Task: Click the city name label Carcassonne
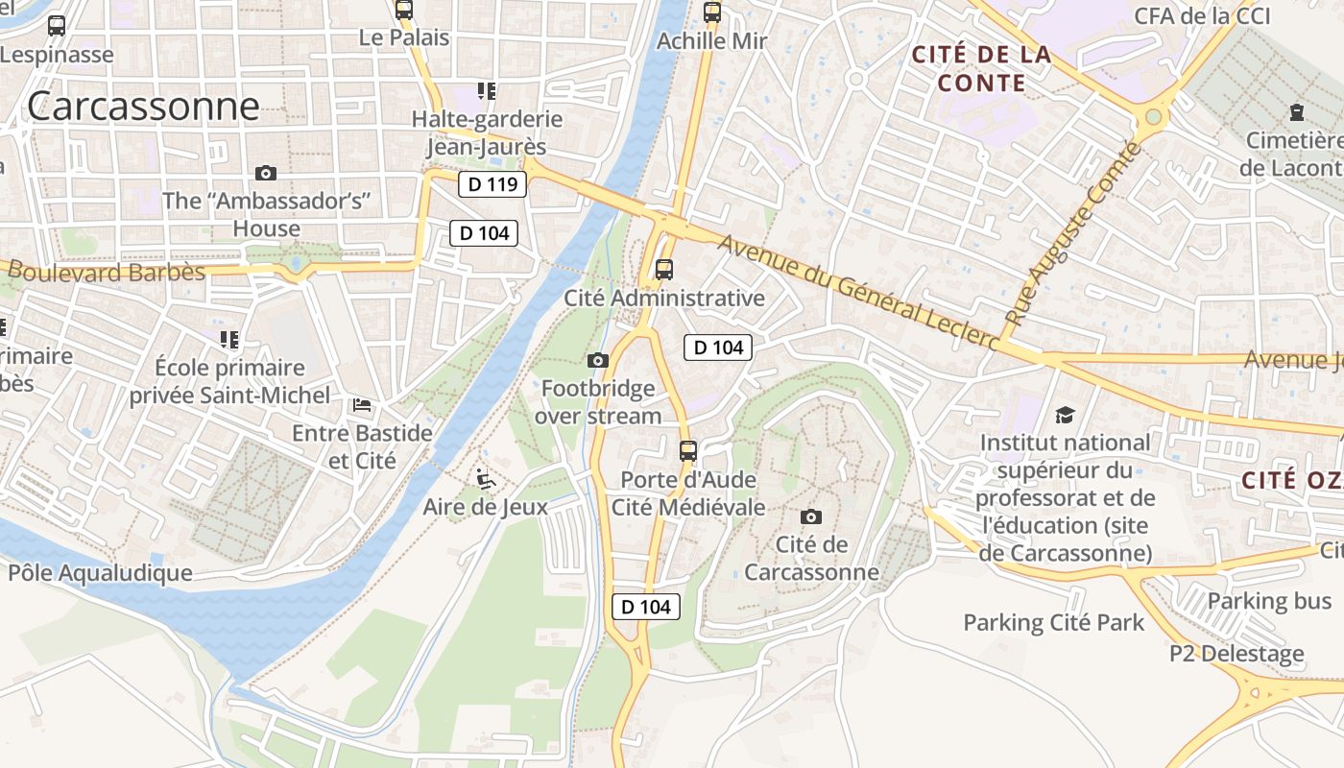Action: (143, 106)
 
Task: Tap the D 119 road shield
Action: (492, 184)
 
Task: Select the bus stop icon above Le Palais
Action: (404, 11)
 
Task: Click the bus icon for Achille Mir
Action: (711, 12)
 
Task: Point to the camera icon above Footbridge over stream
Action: (597, 361)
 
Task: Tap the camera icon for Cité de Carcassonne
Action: (811, 516)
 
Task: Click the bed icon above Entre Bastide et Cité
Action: (362, 405)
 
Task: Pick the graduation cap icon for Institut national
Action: (1065, 415)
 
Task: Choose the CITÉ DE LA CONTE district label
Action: (981, 69)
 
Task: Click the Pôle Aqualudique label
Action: (100, 573)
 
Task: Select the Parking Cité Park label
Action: (1053, 623)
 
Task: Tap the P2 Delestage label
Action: (1236, 655)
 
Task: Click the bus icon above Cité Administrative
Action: (663, 270)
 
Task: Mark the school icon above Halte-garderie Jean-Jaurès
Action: (487, 91)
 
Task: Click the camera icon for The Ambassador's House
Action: (266, 174)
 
